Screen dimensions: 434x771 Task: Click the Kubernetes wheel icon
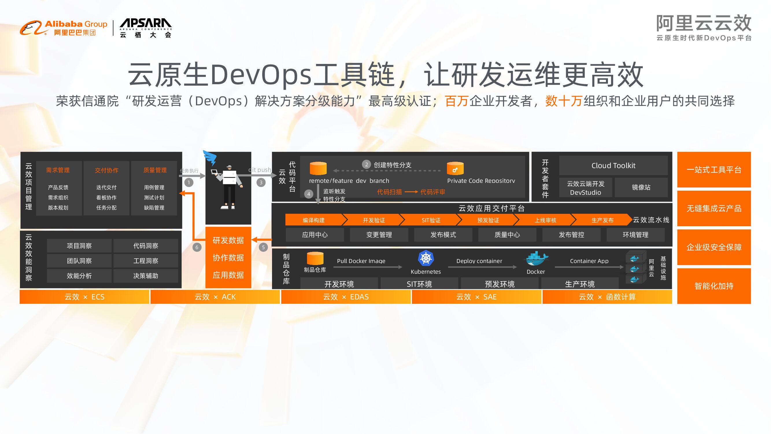coord(426,258)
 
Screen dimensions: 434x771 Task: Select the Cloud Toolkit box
coord(613,165)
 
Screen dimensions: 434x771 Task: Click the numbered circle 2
coord(366,164)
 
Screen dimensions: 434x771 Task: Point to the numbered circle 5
coord(263,247)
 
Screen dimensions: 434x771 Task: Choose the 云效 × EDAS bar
coord(346,297)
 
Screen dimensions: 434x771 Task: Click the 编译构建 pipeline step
coord(314,220)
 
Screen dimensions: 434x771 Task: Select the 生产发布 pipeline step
coord(602,220)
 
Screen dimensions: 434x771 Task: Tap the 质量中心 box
coord(507,235)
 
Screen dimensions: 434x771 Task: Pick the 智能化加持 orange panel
coord(714,286)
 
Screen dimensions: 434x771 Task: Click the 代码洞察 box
coord(146,246)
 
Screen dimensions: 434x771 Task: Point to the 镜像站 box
coord(641,187)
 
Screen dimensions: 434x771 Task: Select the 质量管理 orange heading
coord(155,170)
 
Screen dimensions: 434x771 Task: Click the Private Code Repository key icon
coord(455,169)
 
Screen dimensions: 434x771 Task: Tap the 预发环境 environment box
coord(500,284)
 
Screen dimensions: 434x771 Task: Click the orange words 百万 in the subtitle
coord(456,101)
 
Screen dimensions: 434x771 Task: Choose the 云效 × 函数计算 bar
coord(607,297)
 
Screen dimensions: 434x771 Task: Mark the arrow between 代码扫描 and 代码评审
coord(411,192)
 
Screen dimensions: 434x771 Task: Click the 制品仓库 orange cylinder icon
coord(315,258)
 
